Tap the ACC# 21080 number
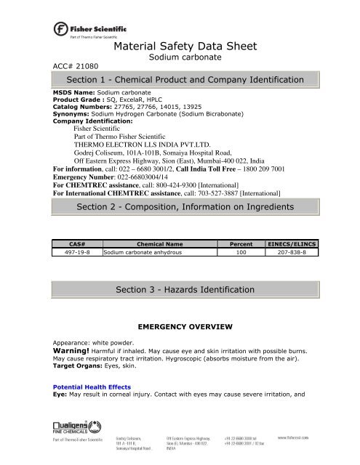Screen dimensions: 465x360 pyautogui.click(x=76, y=64)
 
